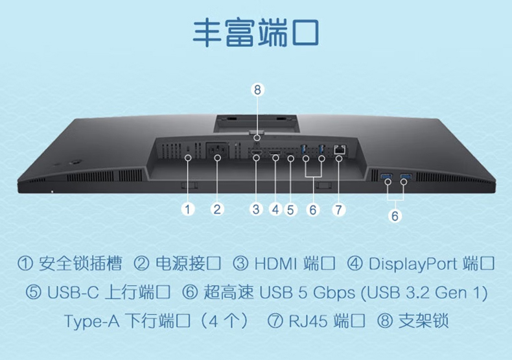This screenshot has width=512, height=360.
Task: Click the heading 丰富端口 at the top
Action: pyautogui.click(x=256, y=33)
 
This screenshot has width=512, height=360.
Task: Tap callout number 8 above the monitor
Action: pyautogui.click(x=257, y=90)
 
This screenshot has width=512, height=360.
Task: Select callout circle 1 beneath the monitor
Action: pyautogui.click(x=188, y=209)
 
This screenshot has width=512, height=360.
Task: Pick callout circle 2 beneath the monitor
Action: pyautogui.click(x=218, y=209)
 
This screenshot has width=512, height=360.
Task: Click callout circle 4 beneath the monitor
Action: pyautogui.click(x=275, y=209)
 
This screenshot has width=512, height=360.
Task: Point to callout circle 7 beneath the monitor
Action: pyautogui.click(x=338, y=209)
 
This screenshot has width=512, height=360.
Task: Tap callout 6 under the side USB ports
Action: pyautogui.click(x=395, y=216)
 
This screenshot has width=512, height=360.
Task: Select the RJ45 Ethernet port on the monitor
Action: pyautogui.click(x=338, y=150)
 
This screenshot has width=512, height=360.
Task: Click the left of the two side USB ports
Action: pyautogui.click(x=388, y=176)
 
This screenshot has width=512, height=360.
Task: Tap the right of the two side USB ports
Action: pyautogui.click(x=406, y=176)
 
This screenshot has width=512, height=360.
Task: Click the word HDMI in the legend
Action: pyautogui.click(x=275, y=264)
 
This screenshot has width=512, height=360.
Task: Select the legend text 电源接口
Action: pyautogui.click(x=187, y=264)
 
